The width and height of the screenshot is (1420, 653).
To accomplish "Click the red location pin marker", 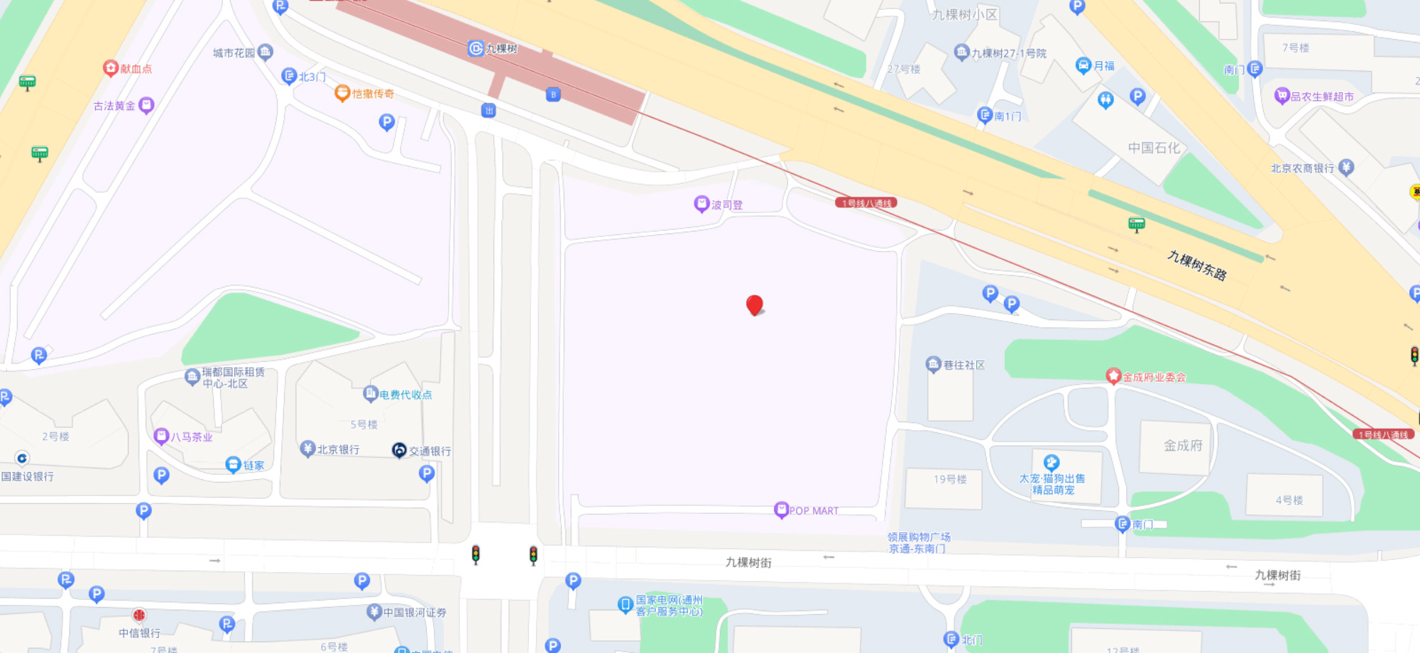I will (x=754, y=305).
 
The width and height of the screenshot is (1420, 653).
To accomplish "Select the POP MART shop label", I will (x=813, y=510).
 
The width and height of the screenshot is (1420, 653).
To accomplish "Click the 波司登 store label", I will (x=726, y=205).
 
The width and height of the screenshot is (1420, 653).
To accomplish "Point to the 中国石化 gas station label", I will (x=1154, y=148).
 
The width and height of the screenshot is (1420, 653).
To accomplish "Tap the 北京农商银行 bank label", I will (x=1302, y=168).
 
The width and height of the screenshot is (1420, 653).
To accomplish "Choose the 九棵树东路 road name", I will (x=1197, y=265).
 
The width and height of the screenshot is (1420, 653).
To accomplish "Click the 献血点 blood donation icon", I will (x=111, y=68).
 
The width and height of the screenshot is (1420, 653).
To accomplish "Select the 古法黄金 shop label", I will (x=114, y=106).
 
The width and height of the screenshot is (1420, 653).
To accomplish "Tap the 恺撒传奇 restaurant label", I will (x=373, y=94).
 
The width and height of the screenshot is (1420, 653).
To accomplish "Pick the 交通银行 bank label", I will (x=430, y=451).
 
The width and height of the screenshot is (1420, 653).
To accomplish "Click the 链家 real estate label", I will (x=253, y=466).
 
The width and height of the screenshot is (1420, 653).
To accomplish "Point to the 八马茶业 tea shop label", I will (x=191, y=437).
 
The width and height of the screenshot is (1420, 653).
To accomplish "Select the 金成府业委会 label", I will (x=1154, y=377).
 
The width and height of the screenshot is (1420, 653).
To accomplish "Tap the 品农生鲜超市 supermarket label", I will (x=1321, y=97).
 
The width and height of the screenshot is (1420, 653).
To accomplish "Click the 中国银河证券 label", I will (x=415, y=612).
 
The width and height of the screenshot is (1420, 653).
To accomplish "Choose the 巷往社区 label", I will (x=963, y=365).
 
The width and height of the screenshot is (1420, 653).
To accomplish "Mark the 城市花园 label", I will (x=234, y=53).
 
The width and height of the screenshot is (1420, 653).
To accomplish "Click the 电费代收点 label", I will (x=405, y=395).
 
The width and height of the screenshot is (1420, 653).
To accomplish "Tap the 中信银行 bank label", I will (x=139, y=632).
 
